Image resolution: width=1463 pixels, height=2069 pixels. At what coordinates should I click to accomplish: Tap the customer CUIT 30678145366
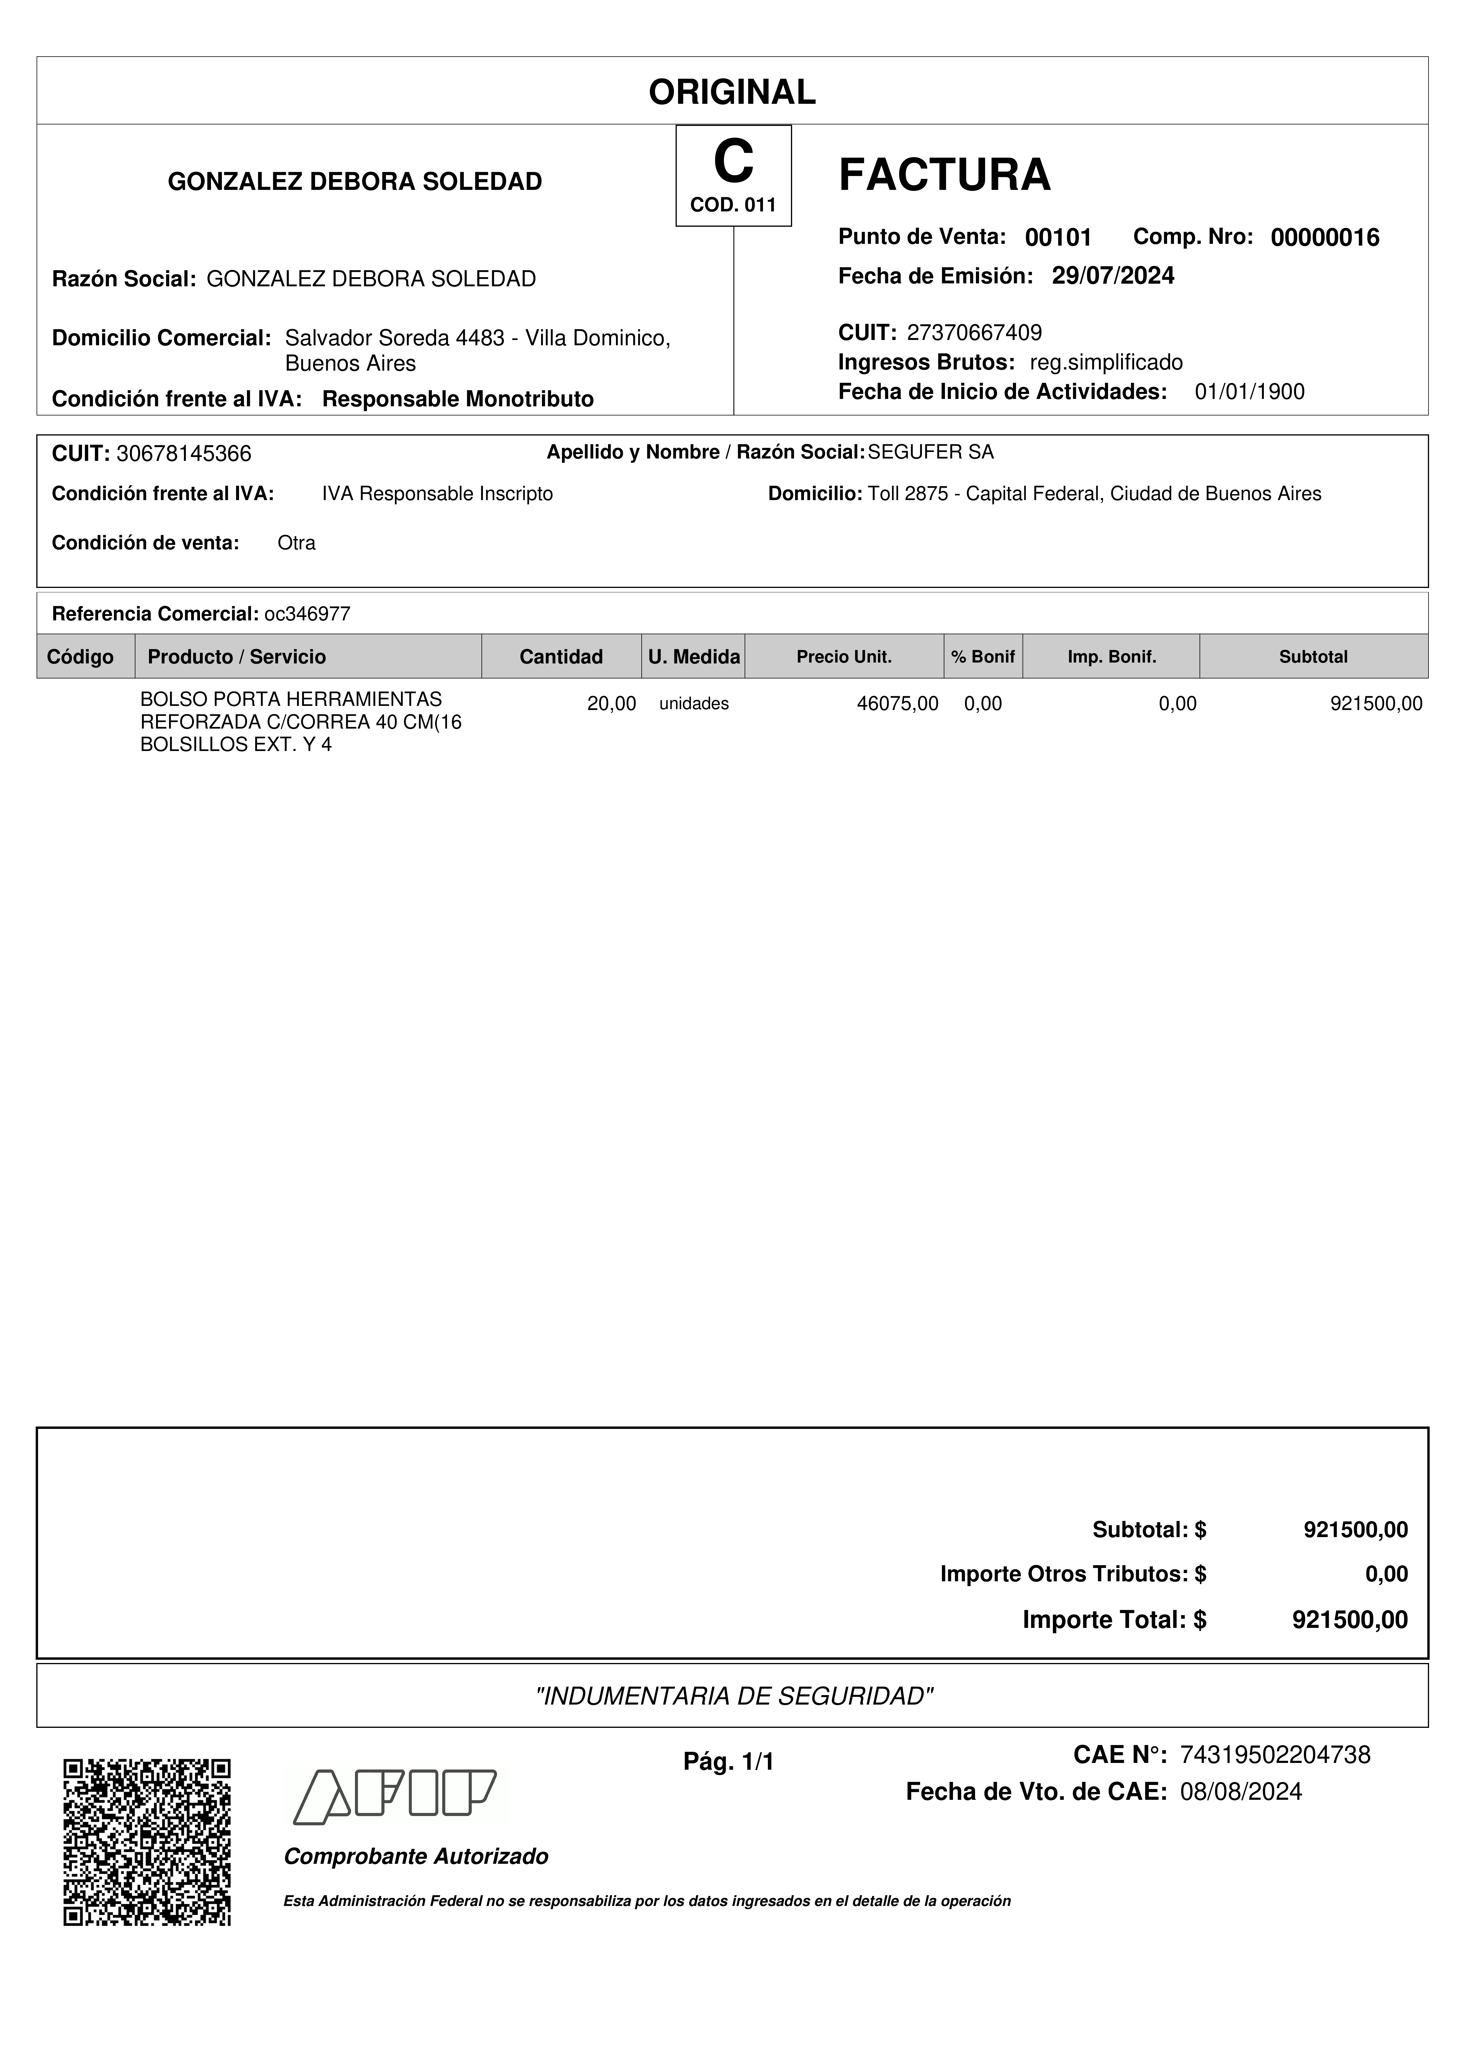tap(184, 453)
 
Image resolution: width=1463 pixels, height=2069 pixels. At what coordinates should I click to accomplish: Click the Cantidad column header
tap(561, 657)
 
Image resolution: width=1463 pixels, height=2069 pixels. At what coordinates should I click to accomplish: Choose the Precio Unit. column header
tap(844, 657)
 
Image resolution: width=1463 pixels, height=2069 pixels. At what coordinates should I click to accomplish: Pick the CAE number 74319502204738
tap(1274, 1754)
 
